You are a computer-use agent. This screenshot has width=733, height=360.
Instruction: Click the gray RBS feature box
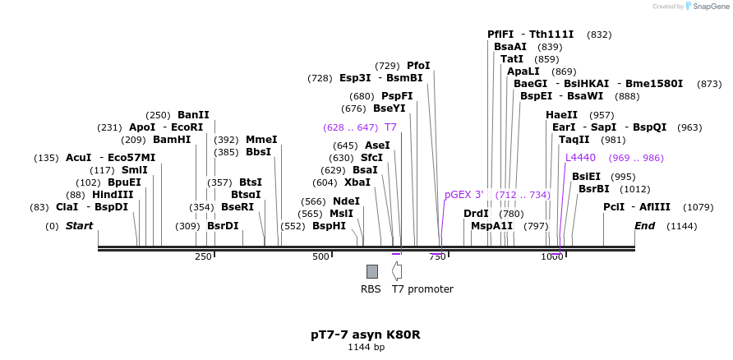coord(372,271)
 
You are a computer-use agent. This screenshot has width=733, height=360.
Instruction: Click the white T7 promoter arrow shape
coord(397,270)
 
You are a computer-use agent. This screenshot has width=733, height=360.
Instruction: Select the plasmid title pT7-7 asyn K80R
coord(366,335)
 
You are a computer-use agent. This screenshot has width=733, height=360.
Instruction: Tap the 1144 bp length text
coord(366,348)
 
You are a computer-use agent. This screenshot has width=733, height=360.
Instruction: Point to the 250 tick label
coord(203,257)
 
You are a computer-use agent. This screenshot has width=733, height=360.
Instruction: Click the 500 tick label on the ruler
coord(321,257)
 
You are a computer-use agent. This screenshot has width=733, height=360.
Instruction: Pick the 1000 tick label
coord(551,257)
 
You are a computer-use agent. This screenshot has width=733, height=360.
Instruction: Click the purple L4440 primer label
coord(581,157)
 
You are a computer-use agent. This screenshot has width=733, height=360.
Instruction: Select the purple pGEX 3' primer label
coord(463,195)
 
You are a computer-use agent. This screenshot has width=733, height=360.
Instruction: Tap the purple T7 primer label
coord(390,127)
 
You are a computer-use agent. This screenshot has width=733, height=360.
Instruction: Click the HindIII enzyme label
coord(113,194)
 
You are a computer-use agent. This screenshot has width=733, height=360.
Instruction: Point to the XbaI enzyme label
coord(357,182)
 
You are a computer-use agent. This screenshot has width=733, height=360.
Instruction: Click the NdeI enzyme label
coord(346,201)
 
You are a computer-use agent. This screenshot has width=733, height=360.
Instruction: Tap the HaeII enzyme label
coord(561,115)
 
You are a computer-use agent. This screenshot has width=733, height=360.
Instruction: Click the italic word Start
coord(80,225)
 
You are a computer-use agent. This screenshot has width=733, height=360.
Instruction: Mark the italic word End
coord(645,225)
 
